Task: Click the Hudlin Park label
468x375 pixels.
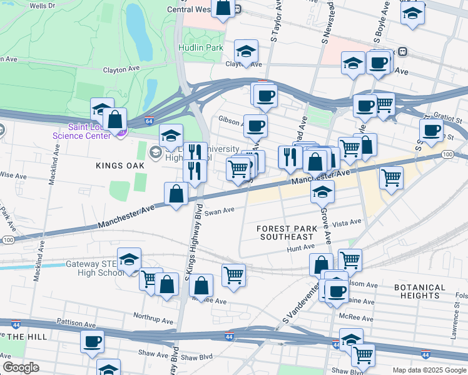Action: coord(200,47)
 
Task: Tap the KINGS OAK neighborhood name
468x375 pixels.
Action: coord(121,166)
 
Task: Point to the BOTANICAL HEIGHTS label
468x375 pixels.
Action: coord(420,291)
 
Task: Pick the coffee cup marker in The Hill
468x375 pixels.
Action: coord(93,341)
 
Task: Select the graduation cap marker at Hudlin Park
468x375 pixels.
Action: coord(247,51)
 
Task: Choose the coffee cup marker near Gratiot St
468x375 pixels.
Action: coord(430,130)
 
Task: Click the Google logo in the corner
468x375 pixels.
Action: coord(21,367)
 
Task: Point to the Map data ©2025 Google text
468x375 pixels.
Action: coord(429,370)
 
